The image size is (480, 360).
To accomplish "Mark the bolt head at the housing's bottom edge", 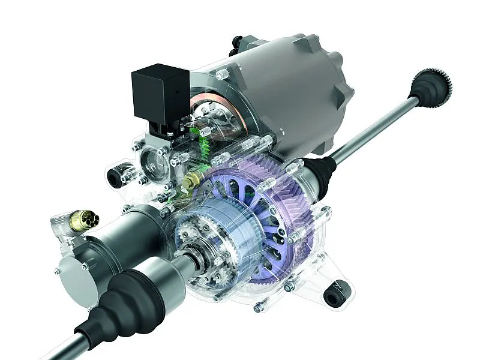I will click(x=260, y=307).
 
